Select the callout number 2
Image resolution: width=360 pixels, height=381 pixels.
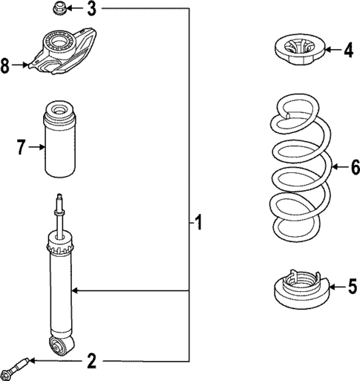pyautogui.click(x=91, y=362)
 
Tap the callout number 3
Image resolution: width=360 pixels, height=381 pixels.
pyautogui.click(x=91, y=9)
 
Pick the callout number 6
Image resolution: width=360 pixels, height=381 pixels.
pyautogui.click(x=354, y=168)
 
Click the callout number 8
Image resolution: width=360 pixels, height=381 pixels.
pyautogui.click(x=7, y=66)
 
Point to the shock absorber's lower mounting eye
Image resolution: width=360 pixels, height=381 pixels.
pyautogui.click(x=59, y=345)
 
